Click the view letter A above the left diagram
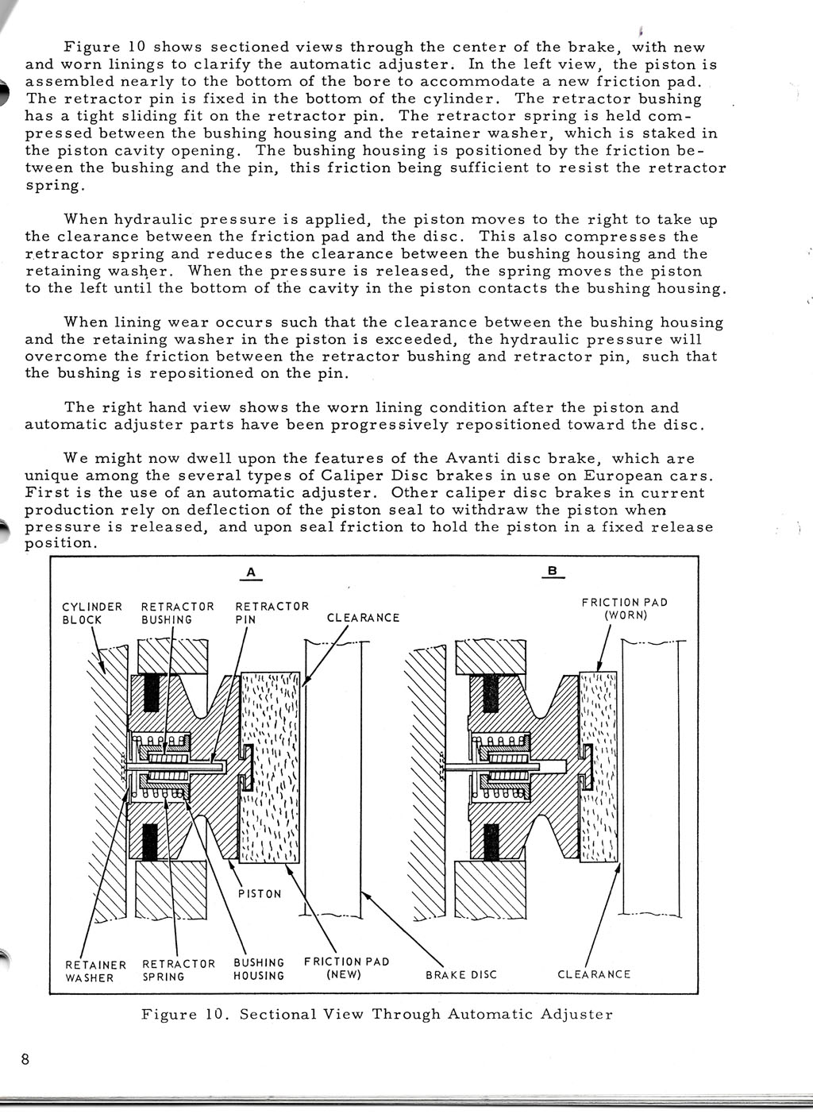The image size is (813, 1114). click(251, 572)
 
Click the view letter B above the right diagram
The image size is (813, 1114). click(552, 571)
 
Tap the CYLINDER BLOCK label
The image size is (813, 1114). click(92, 613)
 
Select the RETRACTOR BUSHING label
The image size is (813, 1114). click(178, 613)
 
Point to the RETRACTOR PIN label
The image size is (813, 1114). click(272, 613)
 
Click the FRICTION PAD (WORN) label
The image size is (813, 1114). click(625, 609)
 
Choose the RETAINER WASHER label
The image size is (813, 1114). click(95, 971)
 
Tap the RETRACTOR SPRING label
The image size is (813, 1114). click(179, 970)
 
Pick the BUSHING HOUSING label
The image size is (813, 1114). click(259, 969)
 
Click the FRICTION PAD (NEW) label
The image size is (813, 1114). click(347, 968)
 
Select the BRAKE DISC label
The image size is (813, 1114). click(461, 974)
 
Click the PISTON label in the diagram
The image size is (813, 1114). click(260, 894)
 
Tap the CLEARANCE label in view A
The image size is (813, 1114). click(363, 618)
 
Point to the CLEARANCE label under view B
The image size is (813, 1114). click(594, 973)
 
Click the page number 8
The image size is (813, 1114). click(25, 1059)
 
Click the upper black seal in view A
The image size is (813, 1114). click(151, 693)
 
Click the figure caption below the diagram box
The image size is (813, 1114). click(377, 1015)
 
